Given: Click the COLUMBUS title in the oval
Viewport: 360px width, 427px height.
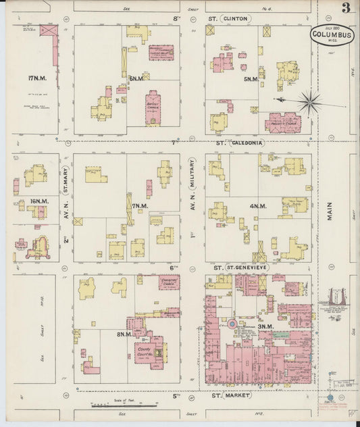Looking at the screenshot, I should (x=330, y=34).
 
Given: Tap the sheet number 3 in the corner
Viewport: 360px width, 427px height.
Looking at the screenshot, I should (x=346, y=8).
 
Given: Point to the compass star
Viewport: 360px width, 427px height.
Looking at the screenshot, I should (x=310, y=102).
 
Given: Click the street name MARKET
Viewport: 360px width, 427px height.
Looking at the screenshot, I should (x=240, y=395).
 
